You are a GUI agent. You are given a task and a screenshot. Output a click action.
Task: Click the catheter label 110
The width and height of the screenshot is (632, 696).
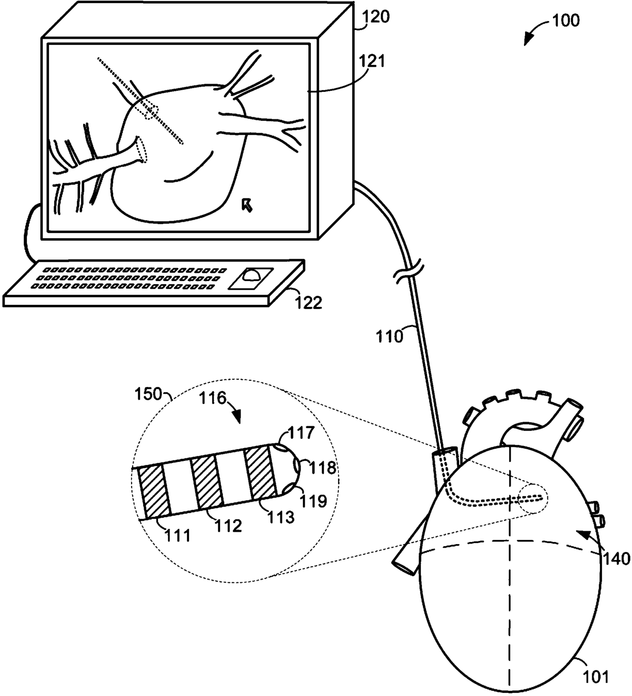pos(389,336)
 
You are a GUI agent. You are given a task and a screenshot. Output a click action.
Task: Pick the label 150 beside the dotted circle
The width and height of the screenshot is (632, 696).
pos(147,394)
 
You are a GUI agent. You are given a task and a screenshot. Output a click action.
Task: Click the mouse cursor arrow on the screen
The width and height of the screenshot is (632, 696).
pos(248,204)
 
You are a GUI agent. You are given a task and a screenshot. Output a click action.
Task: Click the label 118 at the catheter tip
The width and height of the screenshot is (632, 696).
pos(325,467)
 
